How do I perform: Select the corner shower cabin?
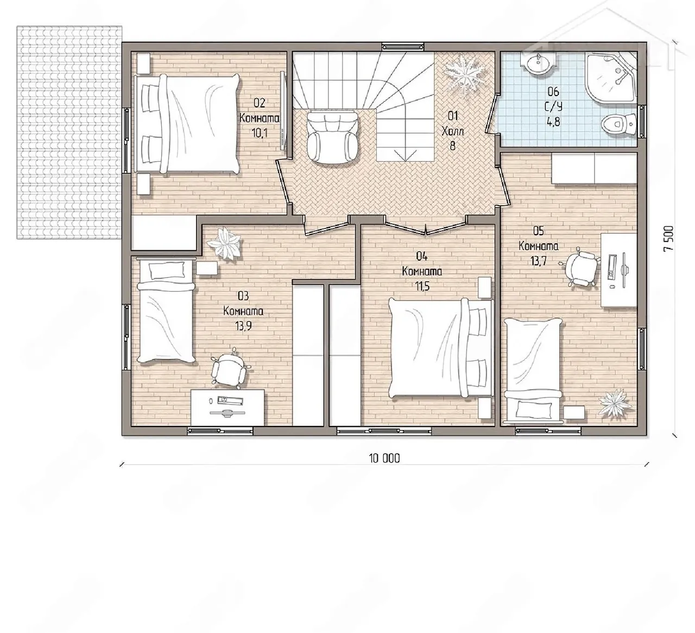tap(611, 78)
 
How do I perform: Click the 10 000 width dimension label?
tap(384, 458)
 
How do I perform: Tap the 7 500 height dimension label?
tap(669, 239)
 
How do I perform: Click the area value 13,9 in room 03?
tap(243, 326)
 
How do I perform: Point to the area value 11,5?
tap(422, 286)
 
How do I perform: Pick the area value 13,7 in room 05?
tap(538, 261)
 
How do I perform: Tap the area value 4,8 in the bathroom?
tap(554, 122)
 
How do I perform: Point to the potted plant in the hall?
tap(464, 74)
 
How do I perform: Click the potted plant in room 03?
tap(224, 243)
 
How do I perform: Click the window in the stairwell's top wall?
tap(402, 47)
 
